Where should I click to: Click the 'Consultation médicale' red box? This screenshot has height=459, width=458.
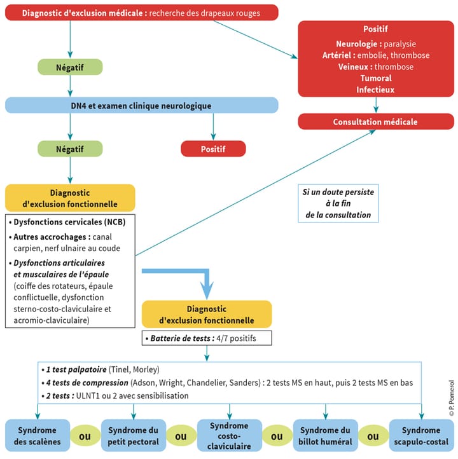(375, 121)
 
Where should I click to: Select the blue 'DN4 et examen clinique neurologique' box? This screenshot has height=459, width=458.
(142, 106)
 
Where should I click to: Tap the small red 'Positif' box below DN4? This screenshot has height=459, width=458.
(213, 149)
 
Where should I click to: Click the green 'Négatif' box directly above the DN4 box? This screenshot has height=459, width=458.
(70, 67)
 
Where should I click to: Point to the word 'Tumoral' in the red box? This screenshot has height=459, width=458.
(375, 78)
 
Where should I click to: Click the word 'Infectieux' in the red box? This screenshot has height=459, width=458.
(375, 90)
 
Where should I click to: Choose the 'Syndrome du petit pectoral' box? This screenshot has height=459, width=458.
(133, 436)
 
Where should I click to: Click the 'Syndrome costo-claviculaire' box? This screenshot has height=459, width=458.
(229, 436)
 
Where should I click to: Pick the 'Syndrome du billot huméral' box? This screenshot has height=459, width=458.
(325, 436)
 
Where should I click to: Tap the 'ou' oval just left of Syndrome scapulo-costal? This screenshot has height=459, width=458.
(373, 437)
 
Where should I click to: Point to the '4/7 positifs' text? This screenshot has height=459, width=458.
(235, 338)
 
